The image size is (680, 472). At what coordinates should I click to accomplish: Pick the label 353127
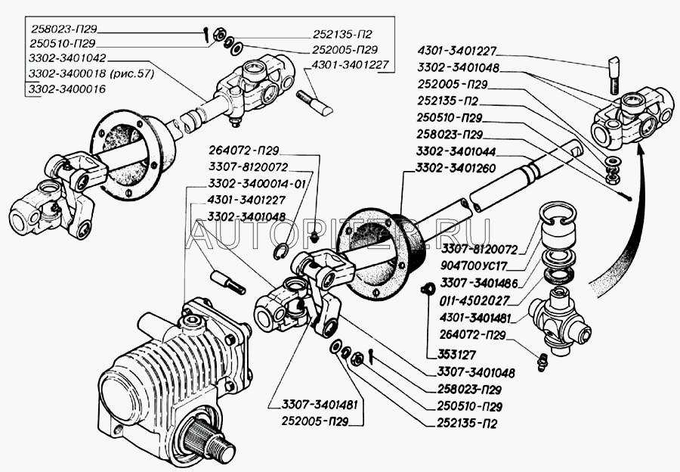click(x=450, y=352)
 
